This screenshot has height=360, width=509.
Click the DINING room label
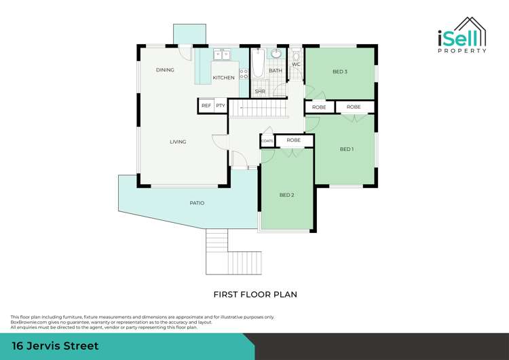165,70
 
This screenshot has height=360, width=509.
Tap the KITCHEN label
223,78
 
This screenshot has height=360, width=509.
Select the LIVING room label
178,142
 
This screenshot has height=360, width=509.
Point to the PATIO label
197,203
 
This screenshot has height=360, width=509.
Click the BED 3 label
340,72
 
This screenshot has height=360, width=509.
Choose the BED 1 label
346,149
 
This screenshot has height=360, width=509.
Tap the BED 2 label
286,195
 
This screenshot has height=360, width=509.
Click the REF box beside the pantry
206,106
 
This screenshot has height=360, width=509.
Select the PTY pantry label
221,106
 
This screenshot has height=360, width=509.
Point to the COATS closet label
267,141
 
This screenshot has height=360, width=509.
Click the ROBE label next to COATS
293,141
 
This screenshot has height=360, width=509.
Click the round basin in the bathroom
277,54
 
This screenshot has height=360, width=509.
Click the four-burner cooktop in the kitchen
243,74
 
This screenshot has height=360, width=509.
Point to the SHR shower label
260,91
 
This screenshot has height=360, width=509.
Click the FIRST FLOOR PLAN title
255,295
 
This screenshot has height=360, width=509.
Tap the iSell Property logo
461,37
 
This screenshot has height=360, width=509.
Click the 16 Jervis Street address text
55,346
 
